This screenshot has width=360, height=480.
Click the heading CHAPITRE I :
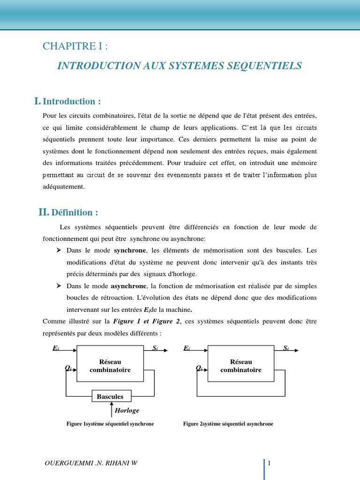[78, 46]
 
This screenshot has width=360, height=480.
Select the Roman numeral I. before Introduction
[37, 101]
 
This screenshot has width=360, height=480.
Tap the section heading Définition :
[75, 213]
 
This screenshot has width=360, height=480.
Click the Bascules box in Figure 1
[110, 397]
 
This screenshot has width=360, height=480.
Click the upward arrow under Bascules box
[112, 410]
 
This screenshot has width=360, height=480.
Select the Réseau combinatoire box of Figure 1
[110, 366]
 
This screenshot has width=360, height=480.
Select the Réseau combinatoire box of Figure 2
[241, 366]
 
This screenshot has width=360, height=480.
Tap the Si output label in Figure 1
[155, 348]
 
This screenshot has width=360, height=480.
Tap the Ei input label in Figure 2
[187, 348]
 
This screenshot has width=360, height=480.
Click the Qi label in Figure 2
[199, 368]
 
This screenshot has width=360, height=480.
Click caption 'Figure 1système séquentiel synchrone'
[110, 424]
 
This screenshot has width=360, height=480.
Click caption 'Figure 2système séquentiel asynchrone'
[228, 424]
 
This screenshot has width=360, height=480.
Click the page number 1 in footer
[270, 464]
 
